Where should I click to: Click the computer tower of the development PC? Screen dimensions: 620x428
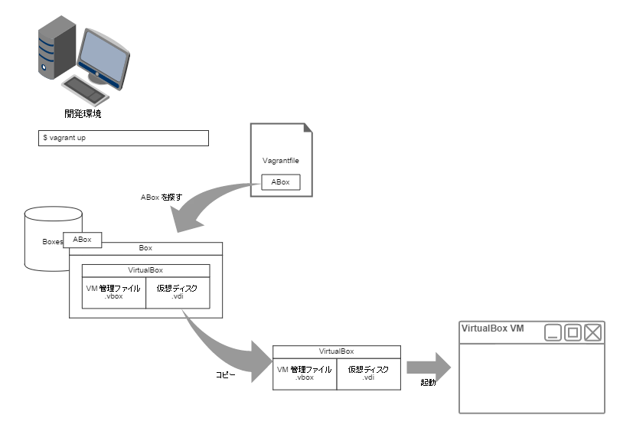click(57, 47)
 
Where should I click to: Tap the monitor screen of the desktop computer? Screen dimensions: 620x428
click(103, 54)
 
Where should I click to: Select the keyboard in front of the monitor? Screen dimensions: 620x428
click(86, 90)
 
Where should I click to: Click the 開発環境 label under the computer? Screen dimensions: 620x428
click(83, 114)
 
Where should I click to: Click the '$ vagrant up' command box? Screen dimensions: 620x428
click(123, 138)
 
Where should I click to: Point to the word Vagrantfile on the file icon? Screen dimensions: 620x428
click(281, 161)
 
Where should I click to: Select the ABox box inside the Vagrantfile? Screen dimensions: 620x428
click(281, 182)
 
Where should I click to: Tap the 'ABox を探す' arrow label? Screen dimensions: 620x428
click(162, 197)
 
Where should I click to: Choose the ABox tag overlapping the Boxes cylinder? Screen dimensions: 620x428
click(82, 240)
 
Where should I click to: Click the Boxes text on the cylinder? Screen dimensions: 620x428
click(53, 242)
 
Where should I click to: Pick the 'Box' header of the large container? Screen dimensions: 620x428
click(146, 249)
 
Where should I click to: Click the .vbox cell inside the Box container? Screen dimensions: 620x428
click(114, 292)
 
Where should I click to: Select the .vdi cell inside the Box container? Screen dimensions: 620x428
click(178, 292)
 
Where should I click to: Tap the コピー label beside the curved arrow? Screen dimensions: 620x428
click(225, 374)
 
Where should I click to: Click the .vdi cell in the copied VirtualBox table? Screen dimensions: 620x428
click(369, 374)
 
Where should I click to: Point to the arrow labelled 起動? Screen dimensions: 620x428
click(429, 368)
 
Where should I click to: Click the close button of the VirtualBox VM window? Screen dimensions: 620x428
click(592, 332)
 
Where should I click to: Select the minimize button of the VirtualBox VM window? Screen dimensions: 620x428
click(553, 332)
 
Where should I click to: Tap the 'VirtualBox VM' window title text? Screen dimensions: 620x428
click(493, 328)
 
